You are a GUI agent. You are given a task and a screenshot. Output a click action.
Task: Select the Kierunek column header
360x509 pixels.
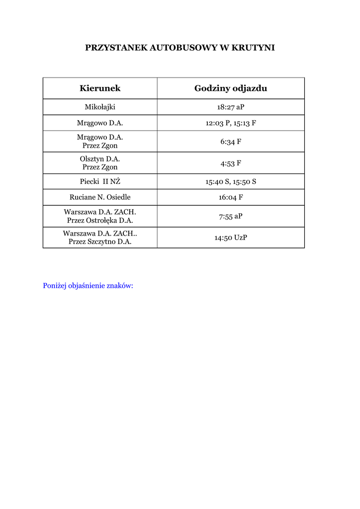pos(100,88)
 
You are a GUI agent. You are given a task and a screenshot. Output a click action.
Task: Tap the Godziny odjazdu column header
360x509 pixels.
pos(231,88)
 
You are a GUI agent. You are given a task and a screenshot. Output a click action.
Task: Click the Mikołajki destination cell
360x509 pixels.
pos(100,107)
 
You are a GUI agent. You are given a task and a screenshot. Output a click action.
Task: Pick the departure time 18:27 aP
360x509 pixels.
pos(231,107)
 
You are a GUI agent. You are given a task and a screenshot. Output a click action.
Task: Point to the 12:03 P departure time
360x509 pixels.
pos(217,123)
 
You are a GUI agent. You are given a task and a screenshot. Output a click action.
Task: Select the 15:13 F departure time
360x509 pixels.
pos(245,123)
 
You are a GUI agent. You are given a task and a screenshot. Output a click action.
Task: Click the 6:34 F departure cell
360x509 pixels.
pos(231,142)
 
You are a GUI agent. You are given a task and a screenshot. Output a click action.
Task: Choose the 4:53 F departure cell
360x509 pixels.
pos(231,163)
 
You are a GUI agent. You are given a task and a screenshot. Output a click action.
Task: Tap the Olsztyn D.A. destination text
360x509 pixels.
pos(100,159)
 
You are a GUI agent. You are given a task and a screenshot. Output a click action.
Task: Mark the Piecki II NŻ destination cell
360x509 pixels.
pos(100,181)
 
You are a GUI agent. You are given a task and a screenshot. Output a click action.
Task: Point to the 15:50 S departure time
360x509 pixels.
pos(245,181)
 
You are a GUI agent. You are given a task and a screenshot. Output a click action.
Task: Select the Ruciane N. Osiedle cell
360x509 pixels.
pos(100,197)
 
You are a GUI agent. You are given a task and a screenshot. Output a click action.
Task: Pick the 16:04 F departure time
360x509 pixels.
pos(231,197)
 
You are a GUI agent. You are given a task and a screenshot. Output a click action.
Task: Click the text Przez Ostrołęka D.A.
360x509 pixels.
pos(100,220)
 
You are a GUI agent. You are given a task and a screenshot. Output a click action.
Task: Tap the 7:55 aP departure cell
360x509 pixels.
pos(231,216)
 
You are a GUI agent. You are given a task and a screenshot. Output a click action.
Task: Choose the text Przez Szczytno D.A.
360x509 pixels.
pos(100,242)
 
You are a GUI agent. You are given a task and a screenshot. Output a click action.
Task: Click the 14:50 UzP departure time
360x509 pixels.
pos(231,238)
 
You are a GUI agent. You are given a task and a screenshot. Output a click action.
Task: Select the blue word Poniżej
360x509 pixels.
pos(56,286)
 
